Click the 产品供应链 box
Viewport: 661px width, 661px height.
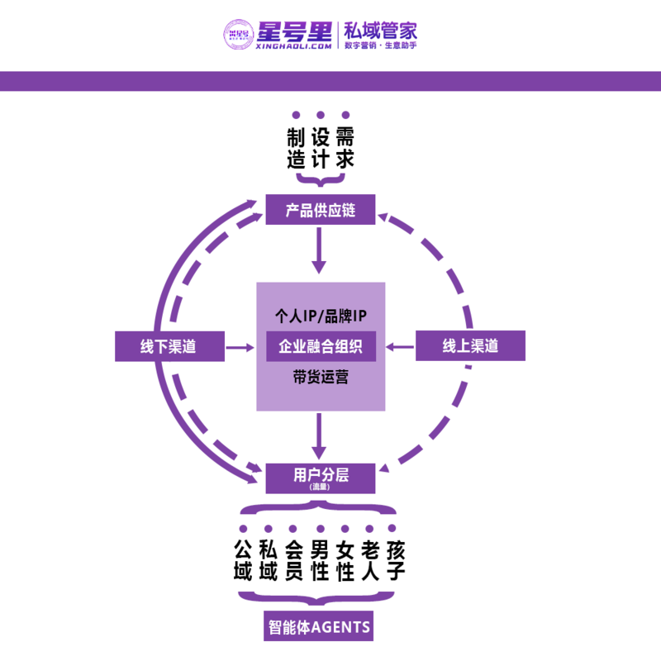click(x=321, y=209)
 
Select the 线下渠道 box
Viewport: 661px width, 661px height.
click(x=169, y=346)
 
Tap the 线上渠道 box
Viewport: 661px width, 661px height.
click(x=470, y=346)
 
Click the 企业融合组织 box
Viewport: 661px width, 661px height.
click(x=321, y=346)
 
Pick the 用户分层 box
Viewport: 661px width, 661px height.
click(x=321, y=476)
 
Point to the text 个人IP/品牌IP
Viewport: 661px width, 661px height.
click(x=321, y=316)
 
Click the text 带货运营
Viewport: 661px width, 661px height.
click(x=321, y=378)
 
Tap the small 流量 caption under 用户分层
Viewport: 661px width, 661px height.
click(x=320, y=487)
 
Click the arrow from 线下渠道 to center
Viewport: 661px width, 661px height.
click(x=240, y=347)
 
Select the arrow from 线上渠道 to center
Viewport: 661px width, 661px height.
click(x=402, y=347)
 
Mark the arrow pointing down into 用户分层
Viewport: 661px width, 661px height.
click(x=319, y=436)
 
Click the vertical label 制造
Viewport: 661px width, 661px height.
click(x=297, y=148)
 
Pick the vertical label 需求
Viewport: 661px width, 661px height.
click(x=345, y=148)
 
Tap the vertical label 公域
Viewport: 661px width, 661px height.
click(x=243, y=560)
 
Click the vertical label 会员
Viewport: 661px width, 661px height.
click(x=294, y=560)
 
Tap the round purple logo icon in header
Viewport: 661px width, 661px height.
click(x=237, y=34)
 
